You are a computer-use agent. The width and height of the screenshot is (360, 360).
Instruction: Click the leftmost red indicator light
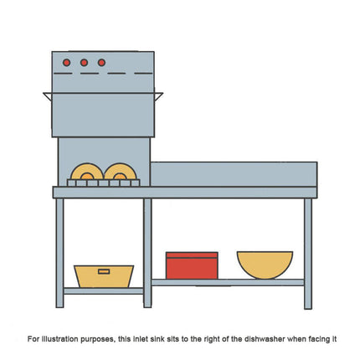point(66,63)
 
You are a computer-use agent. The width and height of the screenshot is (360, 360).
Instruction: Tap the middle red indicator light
point(84,63)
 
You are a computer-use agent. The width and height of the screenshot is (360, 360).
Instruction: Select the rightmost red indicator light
point(101,63)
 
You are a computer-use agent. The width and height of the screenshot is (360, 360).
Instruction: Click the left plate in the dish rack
point(87,171)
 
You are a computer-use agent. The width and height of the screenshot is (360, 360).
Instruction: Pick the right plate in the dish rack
point(121,171)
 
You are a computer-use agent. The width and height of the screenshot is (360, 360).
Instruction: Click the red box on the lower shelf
point(192,265)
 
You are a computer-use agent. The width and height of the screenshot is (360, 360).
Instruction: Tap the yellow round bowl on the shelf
point(265,265)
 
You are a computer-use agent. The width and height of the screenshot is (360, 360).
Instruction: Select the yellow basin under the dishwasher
point(104,276)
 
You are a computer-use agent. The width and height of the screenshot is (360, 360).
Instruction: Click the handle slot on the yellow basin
point(104,271)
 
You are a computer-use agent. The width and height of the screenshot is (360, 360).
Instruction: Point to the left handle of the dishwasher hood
point(48,96)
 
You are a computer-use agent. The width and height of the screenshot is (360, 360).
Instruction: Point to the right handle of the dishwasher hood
point(158,96)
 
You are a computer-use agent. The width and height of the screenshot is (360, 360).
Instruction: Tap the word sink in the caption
point(156,339)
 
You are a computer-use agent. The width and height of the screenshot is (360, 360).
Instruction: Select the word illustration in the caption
point(59,339)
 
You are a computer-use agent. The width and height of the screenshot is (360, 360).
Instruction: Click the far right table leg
point(308,254)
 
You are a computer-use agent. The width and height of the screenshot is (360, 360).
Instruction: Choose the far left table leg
point(59,253)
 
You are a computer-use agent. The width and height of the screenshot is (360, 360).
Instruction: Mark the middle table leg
point(147,253)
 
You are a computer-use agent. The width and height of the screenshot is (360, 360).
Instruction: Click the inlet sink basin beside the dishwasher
point(234,174)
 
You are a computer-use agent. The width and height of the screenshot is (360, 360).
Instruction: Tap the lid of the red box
point(192,255)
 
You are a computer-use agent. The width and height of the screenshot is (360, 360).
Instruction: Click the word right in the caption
point(213,339)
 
